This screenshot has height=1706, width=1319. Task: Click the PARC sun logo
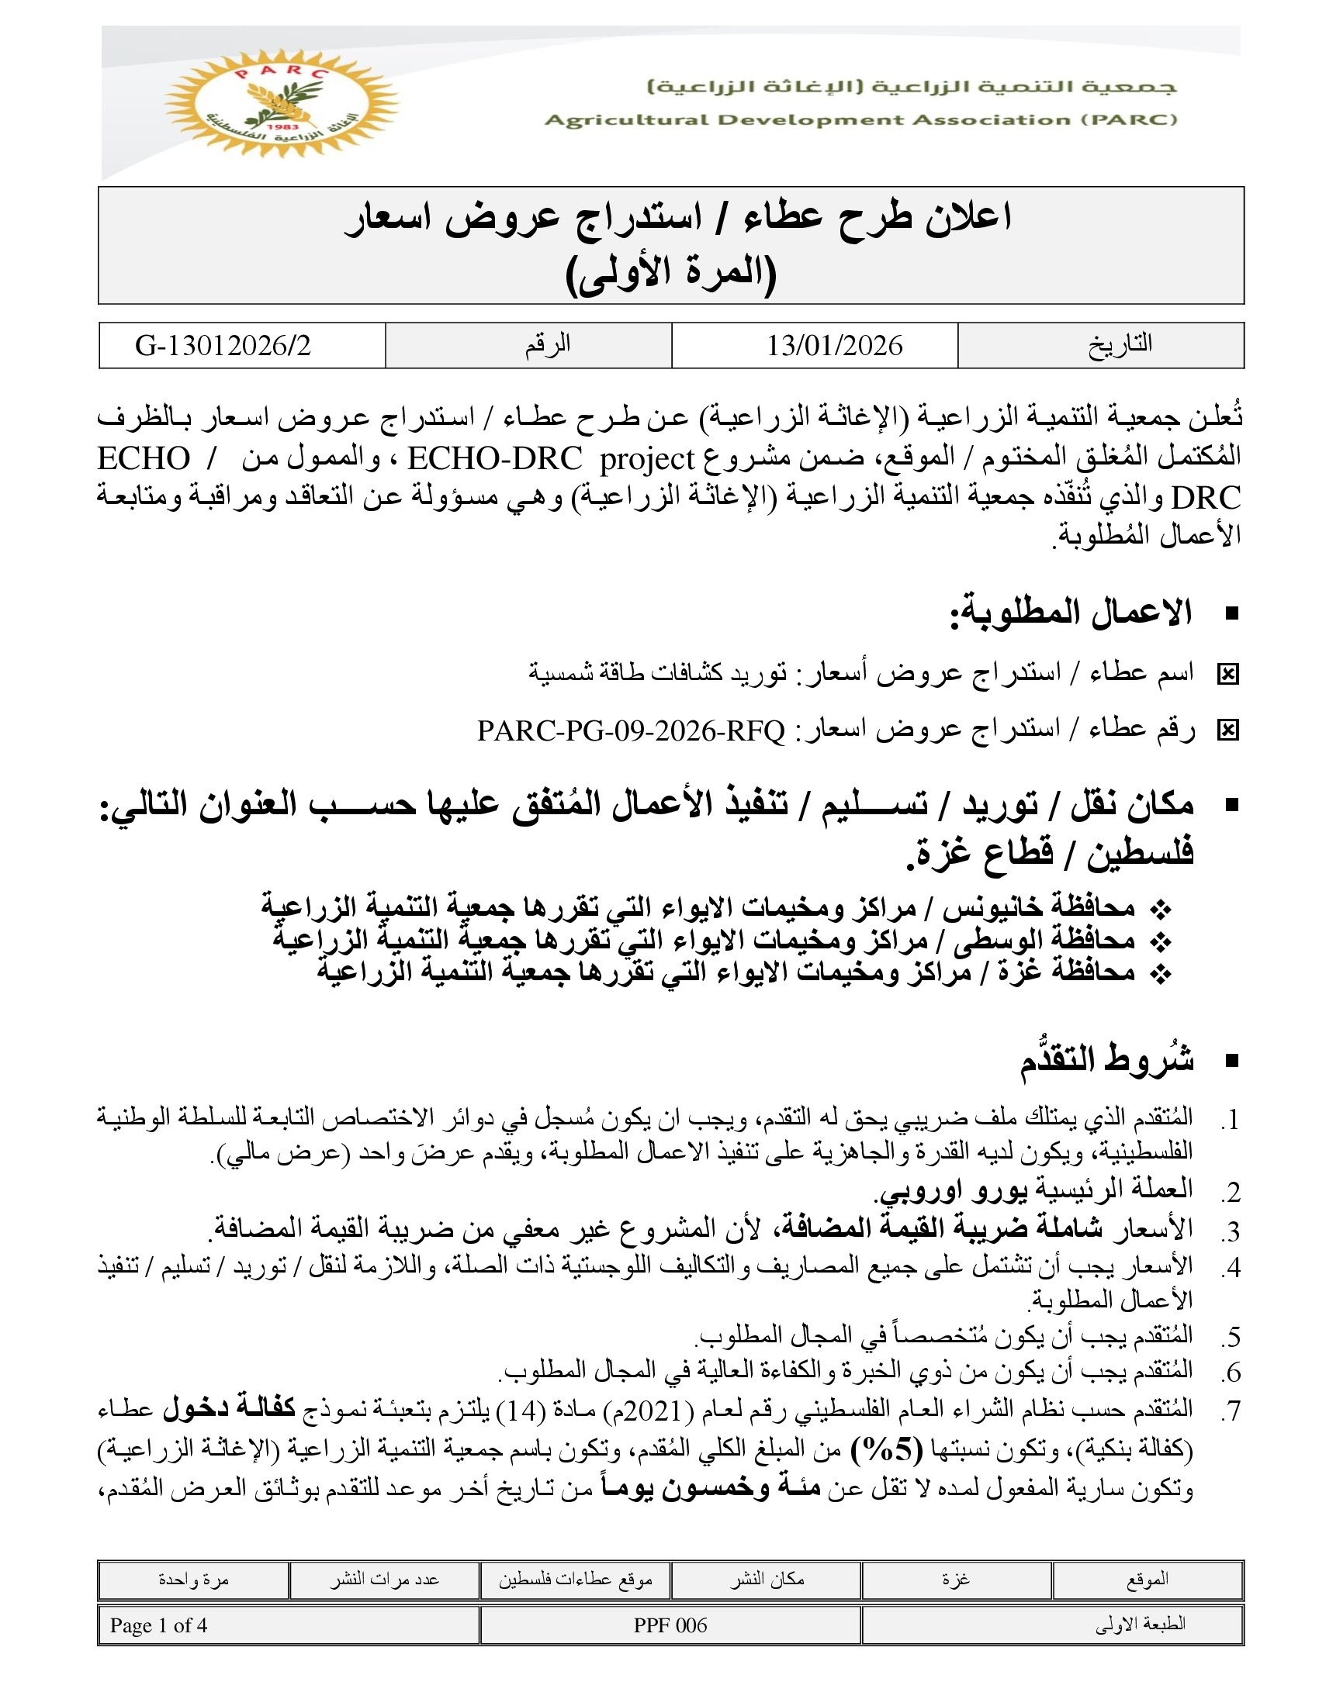coord(282,102)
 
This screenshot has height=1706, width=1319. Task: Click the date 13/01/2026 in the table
coord(834,345)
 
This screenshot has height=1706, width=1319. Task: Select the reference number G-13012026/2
coord(223,345)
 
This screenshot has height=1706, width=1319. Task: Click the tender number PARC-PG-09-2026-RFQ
coord(631,731)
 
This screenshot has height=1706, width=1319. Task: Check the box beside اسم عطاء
coord(1227,674)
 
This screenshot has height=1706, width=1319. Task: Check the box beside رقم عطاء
coord(1227,730)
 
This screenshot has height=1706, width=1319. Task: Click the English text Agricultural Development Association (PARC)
coord(860,120)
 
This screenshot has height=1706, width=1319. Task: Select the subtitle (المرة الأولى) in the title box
coord(670,273)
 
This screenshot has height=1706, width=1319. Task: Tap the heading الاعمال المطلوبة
coord(1071,613)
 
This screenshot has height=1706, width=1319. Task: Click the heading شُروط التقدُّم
coord(1106,1060)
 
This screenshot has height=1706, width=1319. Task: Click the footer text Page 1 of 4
coord(158,1625)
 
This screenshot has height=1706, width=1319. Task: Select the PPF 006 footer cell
coord(670,1625)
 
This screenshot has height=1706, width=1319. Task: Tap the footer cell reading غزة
coord(957,1580)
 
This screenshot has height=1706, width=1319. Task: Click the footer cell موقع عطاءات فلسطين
coord(575,1580)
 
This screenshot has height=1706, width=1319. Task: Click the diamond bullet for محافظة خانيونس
coord(1162,909)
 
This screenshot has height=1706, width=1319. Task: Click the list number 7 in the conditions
coord(1231,1411)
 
